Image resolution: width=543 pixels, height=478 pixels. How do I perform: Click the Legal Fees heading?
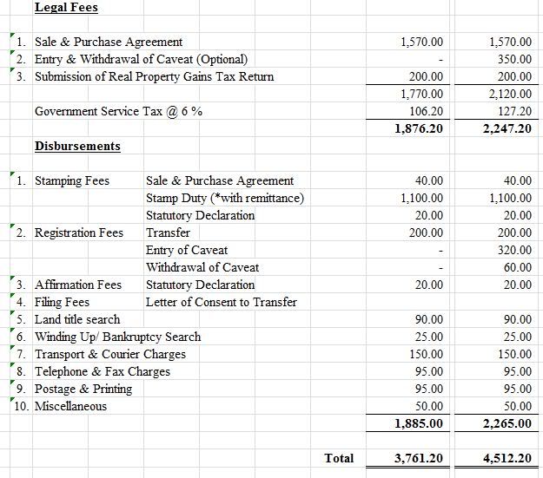click(66, 8)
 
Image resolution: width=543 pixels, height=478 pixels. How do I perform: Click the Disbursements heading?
click(77, 146)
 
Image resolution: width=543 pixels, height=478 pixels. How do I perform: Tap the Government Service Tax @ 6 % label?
click(119, 111)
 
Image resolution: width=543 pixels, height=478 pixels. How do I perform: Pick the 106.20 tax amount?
click(426, 111)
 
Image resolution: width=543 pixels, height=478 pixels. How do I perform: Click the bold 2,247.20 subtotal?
click(507, 128)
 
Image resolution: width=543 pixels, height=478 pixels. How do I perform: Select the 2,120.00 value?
click(510, 94)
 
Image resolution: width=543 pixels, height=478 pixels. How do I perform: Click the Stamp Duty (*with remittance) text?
click(225, 198)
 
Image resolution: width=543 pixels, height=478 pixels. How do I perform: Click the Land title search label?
click(77, 319)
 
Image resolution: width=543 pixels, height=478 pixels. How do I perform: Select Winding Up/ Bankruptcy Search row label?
click(117, 337)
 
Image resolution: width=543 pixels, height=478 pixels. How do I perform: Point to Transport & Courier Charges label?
click(110, 354)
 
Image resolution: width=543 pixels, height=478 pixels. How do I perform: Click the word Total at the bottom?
click(338, 458)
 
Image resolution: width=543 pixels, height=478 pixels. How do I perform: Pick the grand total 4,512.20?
click(507, 458)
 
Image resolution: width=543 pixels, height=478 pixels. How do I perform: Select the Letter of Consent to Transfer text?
click(222, 302)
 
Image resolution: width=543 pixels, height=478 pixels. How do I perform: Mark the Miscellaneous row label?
click(70, 406)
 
